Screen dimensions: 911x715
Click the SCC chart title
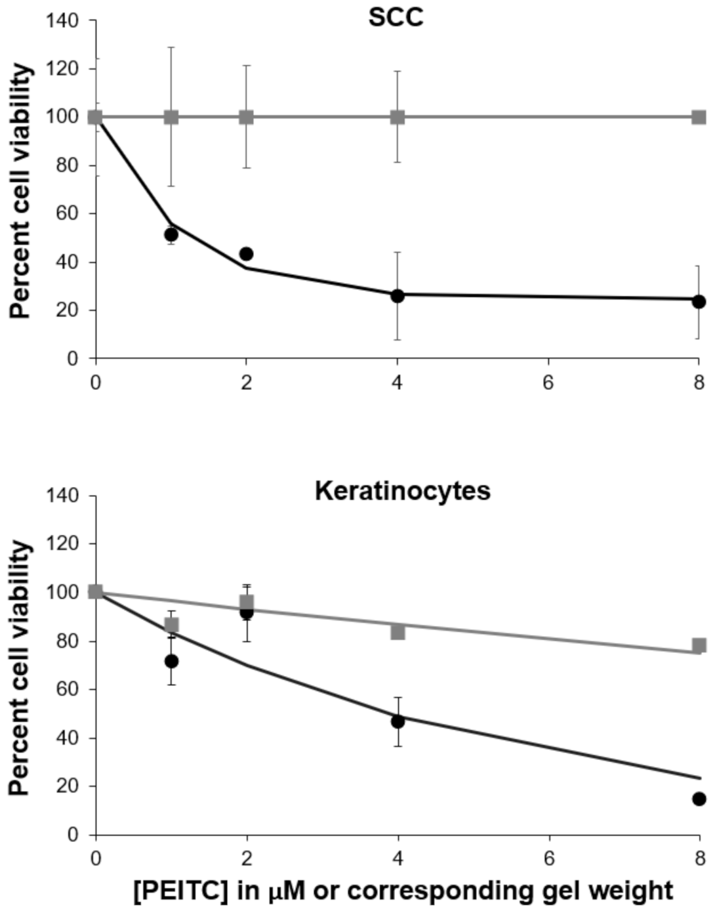396,17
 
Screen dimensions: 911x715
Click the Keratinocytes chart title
402,491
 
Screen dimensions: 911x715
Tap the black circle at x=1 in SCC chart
171,234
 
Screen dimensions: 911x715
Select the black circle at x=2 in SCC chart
246,254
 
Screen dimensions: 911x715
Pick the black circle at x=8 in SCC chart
699,302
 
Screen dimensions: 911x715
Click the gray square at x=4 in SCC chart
398,117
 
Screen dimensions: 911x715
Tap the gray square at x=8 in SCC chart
699,117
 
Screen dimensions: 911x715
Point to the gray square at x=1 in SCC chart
171,117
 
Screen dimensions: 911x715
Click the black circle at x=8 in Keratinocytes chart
699,799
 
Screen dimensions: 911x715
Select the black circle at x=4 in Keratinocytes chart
398,721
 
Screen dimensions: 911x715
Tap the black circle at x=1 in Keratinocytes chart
171,661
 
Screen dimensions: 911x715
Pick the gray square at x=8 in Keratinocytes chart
699,646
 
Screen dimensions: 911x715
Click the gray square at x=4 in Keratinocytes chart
398,632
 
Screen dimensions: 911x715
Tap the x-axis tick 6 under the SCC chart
548,382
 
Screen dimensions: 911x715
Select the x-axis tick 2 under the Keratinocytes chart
247,858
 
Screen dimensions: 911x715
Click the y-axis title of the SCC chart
21,190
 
